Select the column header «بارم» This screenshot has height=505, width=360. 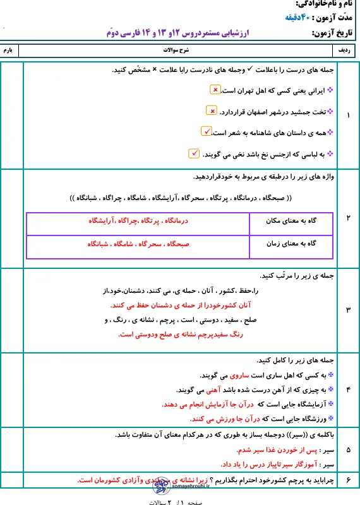pos(12,49)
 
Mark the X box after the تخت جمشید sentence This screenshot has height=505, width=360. pos(212,111)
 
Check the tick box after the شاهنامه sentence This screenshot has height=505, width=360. pos(206,131)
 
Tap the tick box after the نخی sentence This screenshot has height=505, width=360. pos(194,153)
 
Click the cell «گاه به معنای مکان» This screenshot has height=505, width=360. pos(293,222)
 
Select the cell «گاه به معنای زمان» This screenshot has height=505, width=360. pos(293,244)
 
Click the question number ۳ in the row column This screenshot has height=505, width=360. pos(350,310)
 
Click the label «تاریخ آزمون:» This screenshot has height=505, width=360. pos(334,33)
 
